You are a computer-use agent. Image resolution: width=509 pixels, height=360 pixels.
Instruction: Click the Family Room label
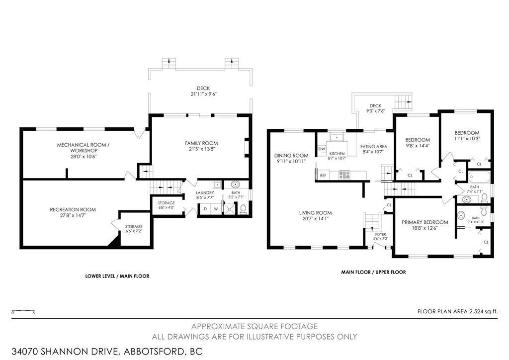click(201, 143)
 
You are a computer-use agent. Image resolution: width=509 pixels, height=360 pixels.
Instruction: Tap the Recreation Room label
click(73, 210)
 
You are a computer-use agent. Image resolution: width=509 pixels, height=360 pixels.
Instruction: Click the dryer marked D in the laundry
click(205, 209)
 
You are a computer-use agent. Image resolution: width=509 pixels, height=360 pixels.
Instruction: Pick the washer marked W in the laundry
click(216, 209)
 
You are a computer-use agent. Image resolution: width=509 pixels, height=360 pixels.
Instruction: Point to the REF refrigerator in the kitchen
click(323, 176)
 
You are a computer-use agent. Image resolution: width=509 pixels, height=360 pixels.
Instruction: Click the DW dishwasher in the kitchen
click(322, 149)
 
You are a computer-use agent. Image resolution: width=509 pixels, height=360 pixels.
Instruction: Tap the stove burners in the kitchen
click(344, 175)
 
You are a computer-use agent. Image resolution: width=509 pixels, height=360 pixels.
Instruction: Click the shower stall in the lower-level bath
click(231, 209)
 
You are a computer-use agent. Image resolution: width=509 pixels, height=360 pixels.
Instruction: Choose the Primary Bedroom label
click(424, 222)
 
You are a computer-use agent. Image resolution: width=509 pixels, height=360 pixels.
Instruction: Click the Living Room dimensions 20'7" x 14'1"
click(315, 219)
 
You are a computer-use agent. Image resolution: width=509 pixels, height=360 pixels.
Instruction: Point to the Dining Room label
click(291, 156)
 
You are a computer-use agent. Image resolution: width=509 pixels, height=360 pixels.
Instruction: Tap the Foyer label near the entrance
click(380, 234)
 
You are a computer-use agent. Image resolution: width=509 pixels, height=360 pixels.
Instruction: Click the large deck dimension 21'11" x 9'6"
click(203, 94)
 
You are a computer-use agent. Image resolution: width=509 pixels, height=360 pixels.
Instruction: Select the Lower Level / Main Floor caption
click(117, 276)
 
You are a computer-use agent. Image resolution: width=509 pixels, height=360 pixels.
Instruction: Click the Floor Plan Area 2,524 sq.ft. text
click(457, 312)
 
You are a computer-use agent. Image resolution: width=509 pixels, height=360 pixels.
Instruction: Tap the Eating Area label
click(374, 146)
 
